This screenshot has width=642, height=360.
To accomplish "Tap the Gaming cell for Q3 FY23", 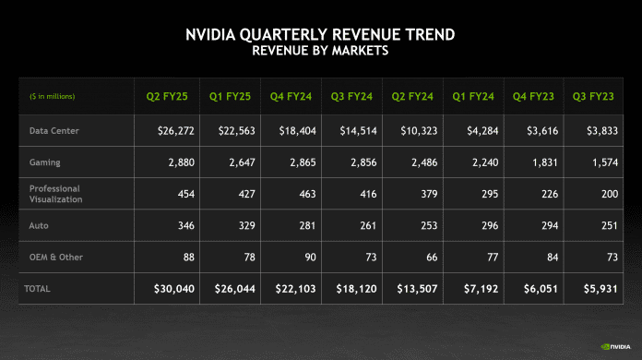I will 603,162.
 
